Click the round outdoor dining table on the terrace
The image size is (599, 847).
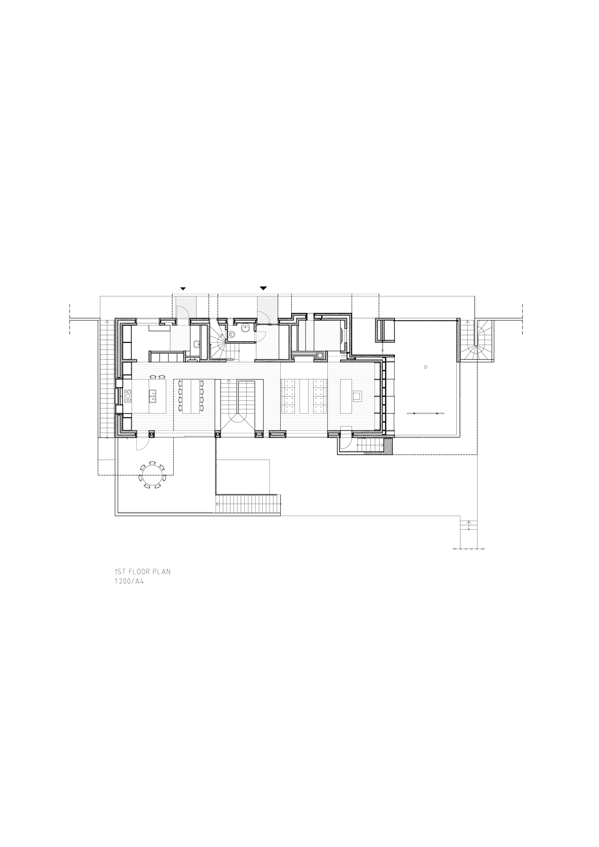tap(152, 476)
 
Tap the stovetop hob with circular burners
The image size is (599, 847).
tap(128, 396)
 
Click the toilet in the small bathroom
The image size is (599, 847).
tap(232, 335)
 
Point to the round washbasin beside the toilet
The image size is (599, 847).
tap(245, 327)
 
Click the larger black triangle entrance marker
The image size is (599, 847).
tap(263, 288)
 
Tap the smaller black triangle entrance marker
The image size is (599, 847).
tap(183, 288)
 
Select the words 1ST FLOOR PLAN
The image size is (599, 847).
tap(142, 572)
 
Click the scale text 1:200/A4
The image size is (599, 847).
tap(129, 581)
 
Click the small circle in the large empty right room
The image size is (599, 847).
tap(425, 367)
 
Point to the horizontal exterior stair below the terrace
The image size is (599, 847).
tap(248, 503)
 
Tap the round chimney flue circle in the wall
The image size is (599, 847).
tap(320, 356)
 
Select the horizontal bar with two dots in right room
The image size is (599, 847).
tap(425, 414)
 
